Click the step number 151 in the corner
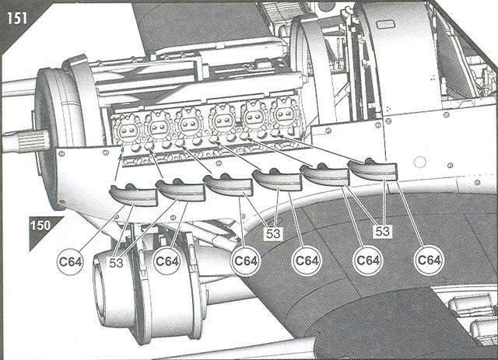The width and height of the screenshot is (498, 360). (17, 18)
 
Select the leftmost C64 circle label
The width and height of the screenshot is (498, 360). (71, 261)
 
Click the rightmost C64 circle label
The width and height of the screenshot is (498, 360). (429, 260)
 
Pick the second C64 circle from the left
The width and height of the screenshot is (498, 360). (167, 261)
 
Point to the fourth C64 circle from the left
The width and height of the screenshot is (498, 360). (307, 260)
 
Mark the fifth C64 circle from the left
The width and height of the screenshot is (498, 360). (368, 260)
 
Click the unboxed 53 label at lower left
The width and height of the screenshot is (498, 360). (116, 263)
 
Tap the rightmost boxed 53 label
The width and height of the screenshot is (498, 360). (382, 231)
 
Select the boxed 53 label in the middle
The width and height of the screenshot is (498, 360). (273, 234)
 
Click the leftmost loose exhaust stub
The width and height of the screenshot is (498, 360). (133, 194)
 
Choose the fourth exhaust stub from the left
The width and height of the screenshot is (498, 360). (277, 179)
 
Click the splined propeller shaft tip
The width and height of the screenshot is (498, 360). (23, 140)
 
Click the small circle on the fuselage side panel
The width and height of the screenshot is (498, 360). (420, 162)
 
